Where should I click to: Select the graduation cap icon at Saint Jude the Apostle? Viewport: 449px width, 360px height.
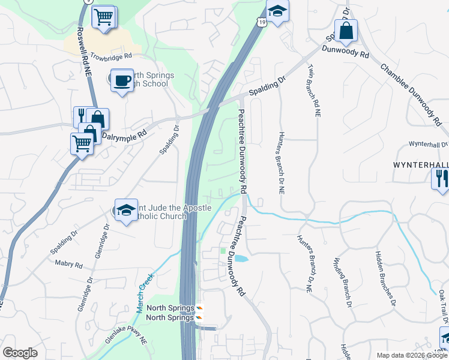tap(126, 210)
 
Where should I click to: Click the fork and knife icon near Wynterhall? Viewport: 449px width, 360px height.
tap(441, 179)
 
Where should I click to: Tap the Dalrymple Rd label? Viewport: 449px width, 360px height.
tap(124, 136)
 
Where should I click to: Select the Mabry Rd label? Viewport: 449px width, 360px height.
tap(68, 263)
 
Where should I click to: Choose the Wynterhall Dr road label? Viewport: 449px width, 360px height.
tap(428, 145)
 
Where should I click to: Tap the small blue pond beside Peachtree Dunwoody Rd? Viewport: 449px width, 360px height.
tap(240, 259)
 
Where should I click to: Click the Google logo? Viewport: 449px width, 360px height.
tap(20, 353)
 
